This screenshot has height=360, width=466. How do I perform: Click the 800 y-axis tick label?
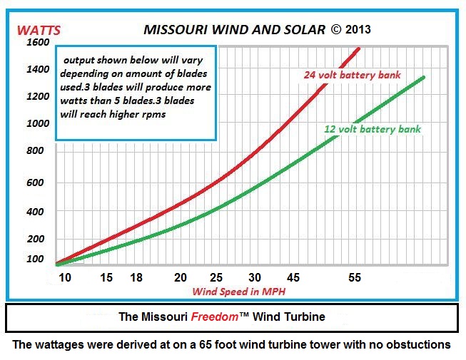pos(36,151)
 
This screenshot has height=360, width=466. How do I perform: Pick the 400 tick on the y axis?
pos(36,212)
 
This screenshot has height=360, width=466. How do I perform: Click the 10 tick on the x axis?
pos(66,277)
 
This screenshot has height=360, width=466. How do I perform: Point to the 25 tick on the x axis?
pos(216,277)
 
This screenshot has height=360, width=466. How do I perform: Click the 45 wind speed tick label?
pos(293,277)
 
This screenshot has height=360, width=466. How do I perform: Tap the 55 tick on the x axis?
pos(355,277)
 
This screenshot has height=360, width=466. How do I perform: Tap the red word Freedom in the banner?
pos(214,316)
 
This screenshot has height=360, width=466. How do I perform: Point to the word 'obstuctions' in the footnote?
pos(418,345)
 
